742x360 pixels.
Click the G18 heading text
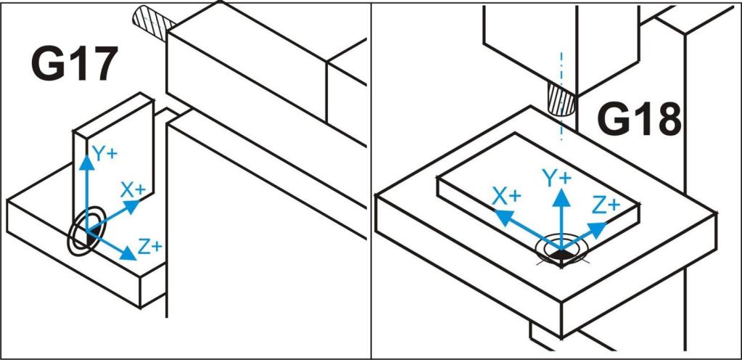[x=639, y=119]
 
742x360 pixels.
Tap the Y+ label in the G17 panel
[x=104, y=153]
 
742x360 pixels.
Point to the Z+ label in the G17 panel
[x=150, y=247]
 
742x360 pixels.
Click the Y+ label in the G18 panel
[x=558, y=179]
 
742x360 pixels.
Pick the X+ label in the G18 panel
[x=507, y=196]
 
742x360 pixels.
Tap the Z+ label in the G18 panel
[x=606, y=205]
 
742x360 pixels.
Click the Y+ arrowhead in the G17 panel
[x=86, y=163]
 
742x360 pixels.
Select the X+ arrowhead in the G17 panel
[x=133, y=205]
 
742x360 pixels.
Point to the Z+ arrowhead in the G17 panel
[x=128, y=253]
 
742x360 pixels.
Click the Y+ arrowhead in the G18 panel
[x=561, y=196]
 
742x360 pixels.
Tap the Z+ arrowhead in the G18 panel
[x=598, y=229]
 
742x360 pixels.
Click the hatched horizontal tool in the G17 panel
[x=152, y=20]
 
